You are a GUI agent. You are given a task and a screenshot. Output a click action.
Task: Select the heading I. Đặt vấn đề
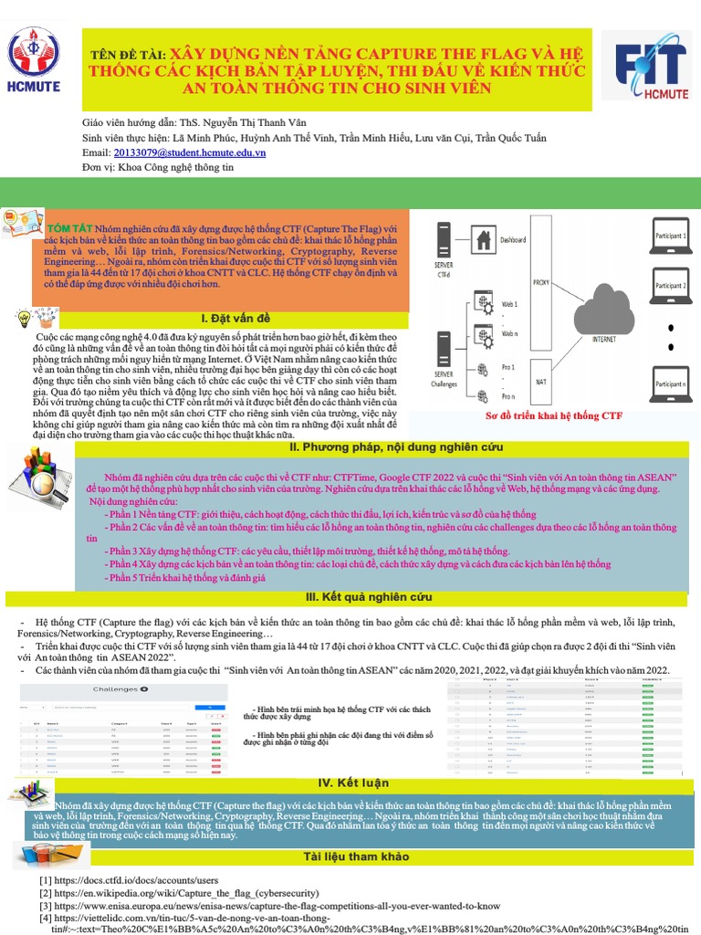[235, 318]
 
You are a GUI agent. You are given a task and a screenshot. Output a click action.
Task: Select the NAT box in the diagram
[541, 381]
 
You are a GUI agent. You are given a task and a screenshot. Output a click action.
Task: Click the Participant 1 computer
[670, 241]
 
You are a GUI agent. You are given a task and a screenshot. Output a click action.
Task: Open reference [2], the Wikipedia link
[219, 893]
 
